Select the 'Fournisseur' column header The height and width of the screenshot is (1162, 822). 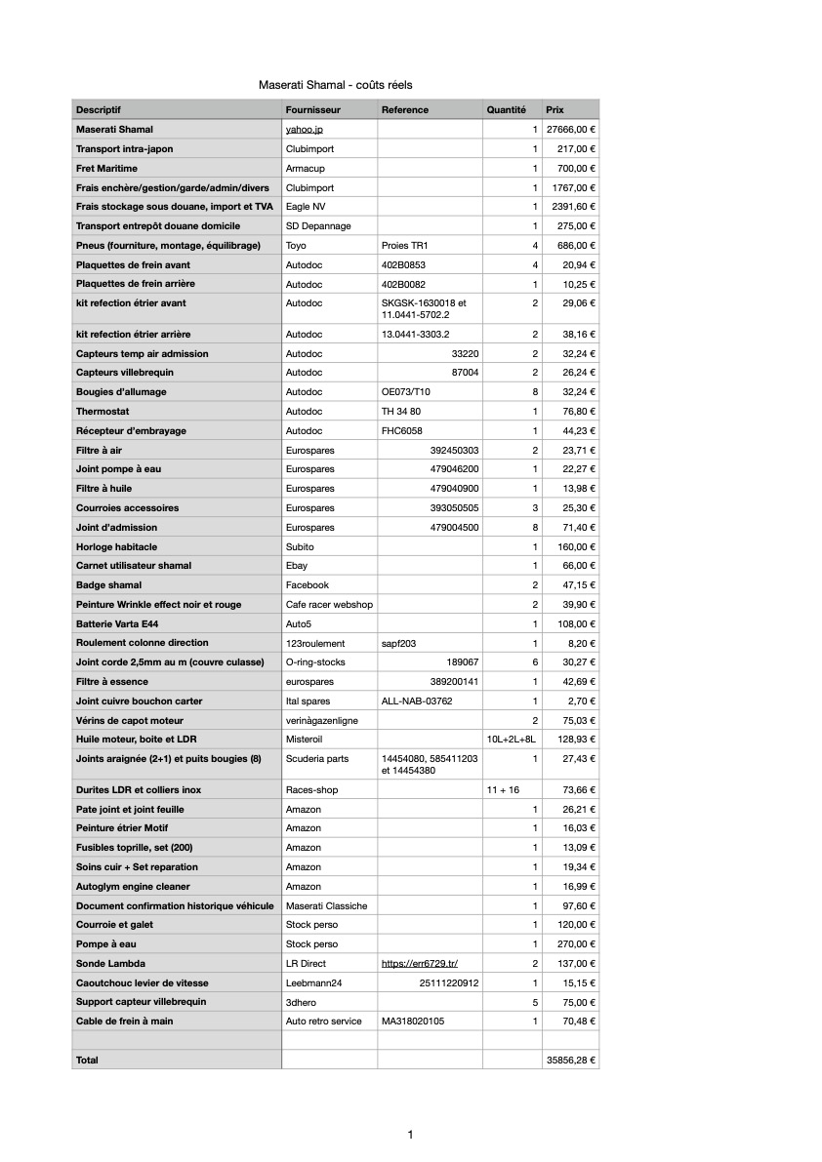(312, 110)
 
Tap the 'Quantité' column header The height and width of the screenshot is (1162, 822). (506, 110)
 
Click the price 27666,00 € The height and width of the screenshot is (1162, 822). (571, 129)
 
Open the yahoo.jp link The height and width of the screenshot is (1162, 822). (304, 129)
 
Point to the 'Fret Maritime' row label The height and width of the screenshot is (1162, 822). (106, 168)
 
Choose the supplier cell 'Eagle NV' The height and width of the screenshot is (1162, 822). (306, 207)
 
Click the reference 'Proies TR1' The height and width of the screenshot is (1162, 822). (407, 246)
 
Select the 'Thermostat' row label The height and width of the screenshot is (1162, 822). (103, 412)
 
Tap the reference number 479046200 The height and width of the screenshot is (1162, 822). (454, 469)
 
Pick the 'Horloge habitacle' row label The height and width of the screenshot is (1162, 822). (116, 546)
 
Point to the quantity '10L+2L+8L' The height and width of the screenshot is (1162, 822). (512, 740)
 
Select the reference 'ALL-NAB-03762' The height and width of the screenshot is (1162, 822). (417, 701)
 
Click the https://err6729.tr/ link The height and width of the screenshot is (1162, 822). (419, 964)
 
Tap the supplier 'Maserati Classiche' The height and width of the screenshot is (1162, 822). (326, 906)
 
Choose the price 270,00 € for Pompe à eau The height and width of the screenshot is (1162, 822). (572, 944)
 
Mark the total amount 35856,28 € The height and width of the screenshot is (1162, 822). (571, 1060)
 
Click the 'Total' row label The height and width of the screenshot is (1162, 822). (87, 1060)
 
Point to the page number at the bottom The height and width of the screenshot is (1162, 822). (410, 1134)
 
